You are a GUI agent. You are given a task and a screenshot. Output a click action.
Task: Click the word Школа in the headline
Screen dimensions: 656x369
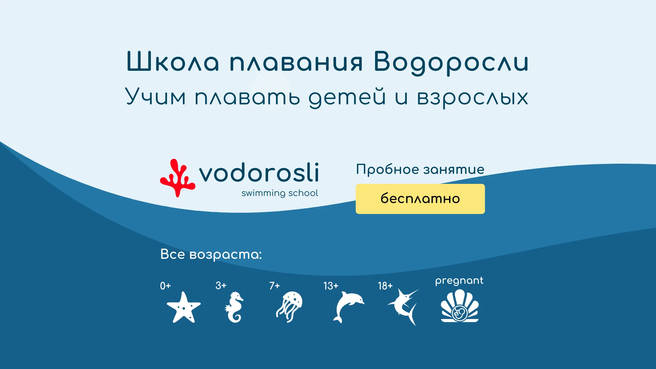pyautogui.click(x=173, y=61)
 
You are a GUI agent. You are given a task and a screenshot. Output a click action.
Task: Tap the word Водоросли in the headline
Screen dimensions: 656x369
pyautogui.click(x=451, y=63)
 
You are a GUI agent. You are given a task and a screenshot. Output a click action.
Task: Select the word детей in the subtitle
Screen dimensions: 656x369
pyautogui.click(x=347, y=97)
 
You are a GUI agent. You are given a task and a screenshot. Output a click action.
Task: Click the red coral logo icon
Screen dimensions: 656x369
pyautogui.click(x=177, y=178)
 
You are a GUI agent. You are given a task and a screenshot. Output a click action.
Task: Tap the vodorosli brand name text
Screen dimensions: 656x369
pyautogui.click(x=259, y=173)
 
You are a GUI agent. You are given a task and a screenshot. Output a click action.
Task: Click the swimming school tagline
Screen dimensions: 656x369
pyautogui.click(x=280, y=193)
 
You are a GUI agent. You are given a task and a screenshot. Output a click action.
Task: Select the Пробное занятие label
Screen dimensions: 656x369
pyautogui.click(x=420, y=169)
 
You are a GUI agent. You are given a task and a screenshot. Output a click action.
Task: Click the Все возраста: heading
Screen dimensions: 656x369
pyautogui.click(x=211, y=254)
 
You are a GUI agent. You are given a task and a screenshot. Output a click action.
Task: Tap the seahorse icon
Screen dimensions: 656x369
pyautogui.click(x=234, y=307)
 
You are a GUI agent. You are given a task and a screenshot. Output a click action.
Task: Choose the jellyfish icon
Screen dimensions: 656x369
pyautogui.click(x=290, y=306)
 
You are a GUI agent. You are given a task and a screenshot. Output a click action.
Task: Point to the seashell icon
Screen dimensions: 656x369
pyautogui.click(x=460, y=306)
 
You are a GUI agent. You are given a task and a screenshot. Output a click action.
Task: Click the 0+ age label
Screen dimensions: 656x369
pyautogui.click(x=166, y=286)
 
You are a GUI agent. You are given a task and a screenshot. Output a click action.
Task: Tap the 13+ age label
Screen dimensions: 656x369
pyautogui.click(x=331, y=286)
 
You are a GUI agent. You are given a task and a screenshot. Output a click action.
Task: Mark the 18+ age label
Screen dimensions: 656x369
pyautogui.click(x=385, y=286)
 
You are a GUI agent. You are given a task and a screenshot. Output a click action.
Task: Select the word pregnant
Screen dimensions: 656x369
pyautogui.click(x=459, y=281)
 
